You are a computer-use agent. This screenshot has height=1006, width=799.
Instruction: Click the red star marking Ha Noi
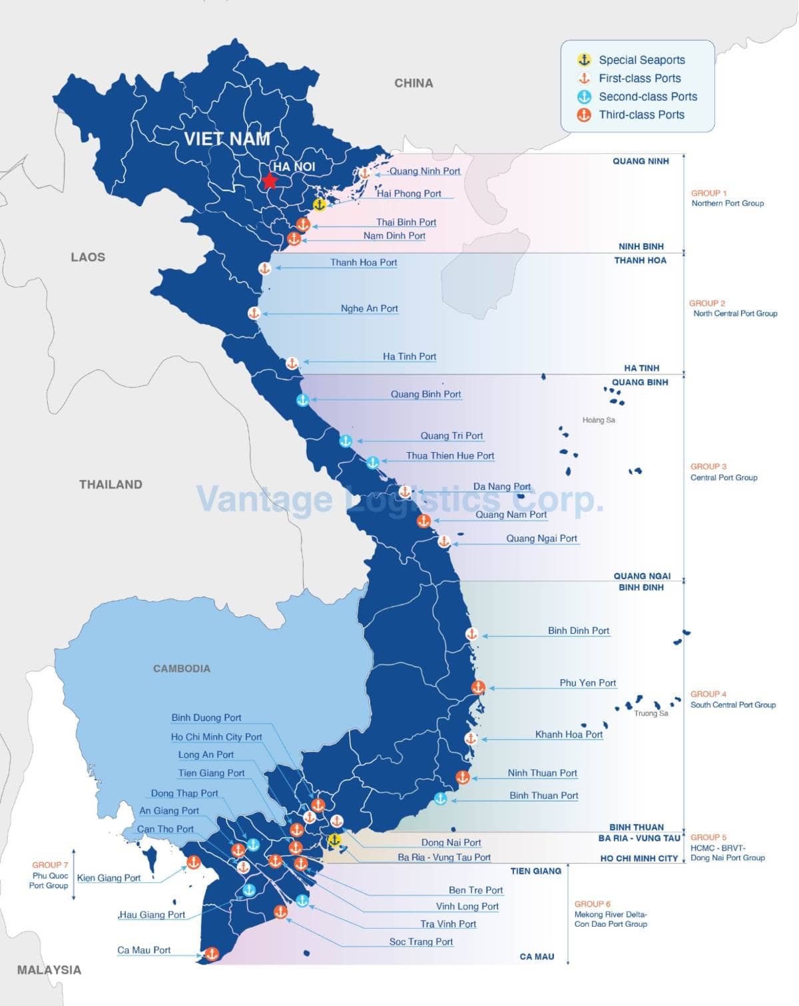tap(270, 181)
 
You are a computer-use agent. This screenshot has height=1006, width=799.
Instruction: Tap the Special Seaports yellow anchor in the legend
tap(584, 60)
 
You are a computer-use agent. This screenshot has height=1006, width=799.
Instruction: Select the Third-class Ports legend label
tap(641, 115)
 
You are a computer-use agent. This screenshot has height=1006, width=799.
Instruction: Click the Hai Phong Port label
tap(409, 194)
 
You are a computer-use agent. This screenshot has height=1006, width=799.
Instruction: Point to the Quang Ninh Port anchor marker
tap(364, 173)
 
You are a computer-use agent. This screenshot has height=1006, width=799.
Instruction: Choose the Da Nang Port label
tap(501, 487)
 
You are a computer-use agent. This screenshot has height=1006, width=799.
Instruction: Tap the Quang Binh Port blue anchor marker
tap(303, 400)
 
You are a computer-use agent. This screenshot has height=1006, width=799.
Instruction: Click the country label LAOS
tap(88, 257)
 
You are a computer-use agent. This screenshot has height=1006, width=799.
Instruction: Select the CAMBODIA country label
tap(181, 668)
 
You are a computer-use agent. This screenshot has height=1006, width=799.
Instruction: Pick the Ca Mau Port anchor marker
tap(211, 954)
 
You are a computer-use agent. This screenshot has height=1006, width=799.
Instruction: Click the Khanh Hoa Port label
tap(569, 734)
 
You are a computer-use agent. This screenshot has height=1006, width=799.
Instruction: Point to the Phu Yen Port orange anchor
tap(478, 687)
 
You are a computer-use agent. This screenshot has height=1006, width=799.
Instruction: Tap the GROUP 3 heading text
tap(708, 467)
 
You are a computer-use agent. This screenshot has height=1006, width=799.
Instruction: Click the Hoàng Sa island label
tap(599, 420)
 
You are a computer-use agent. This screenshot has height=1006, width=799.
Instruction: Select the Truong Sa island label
tap(651, 713)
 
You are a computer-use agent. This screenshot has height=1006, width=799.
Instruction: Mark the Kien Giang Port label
tap(109, 878)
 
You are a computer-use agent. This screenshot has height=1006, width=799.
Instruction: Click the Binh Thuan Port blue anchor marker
tap(440, 798)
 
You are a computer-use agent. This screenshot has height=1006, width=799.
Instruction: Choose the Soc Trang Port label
tap(421, 942)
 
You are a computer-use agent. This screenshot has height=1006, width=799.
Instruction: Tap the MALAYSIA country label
tap(49, 970)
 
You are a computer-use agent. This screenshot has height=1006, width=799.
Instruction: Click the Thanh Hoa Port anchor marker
tap(264, 268)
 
